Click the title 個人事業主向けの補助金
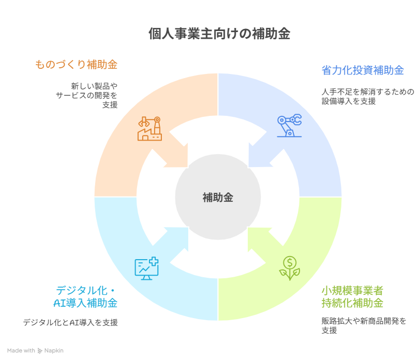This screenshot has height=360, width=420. pos(219,34)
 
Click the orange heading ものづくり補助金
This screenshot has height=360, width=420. pos(77,65)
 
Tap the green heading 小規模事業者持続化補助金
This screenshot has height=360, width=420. pos(352,296)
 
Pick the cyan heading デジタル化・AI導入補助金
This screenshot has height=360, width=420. pos(86,296)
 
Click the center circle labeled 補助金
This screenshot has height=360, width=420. pos(218,197)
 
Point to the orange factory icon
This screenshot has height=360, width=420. pos(149,128)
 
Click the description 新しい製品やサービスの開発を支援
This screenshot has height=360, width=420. pos(87,95)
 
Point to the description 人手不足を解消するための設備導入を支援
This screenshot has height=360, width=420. pos(367,97)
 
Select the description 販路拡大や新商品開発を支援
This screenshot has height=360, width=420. pos(364,326)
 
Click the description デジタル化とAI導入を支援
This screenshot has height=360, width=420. pos(70,323)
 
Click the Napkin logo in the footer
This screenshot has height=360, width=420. pos(51,351)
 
